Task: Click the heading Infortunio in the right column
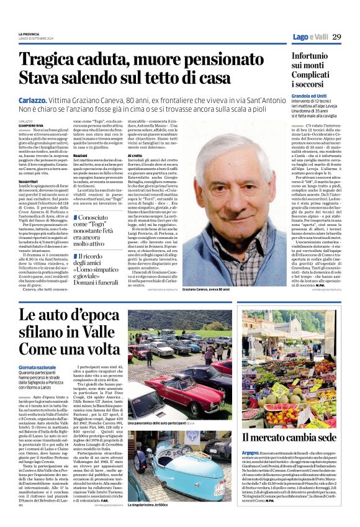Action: pos(314,56)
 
